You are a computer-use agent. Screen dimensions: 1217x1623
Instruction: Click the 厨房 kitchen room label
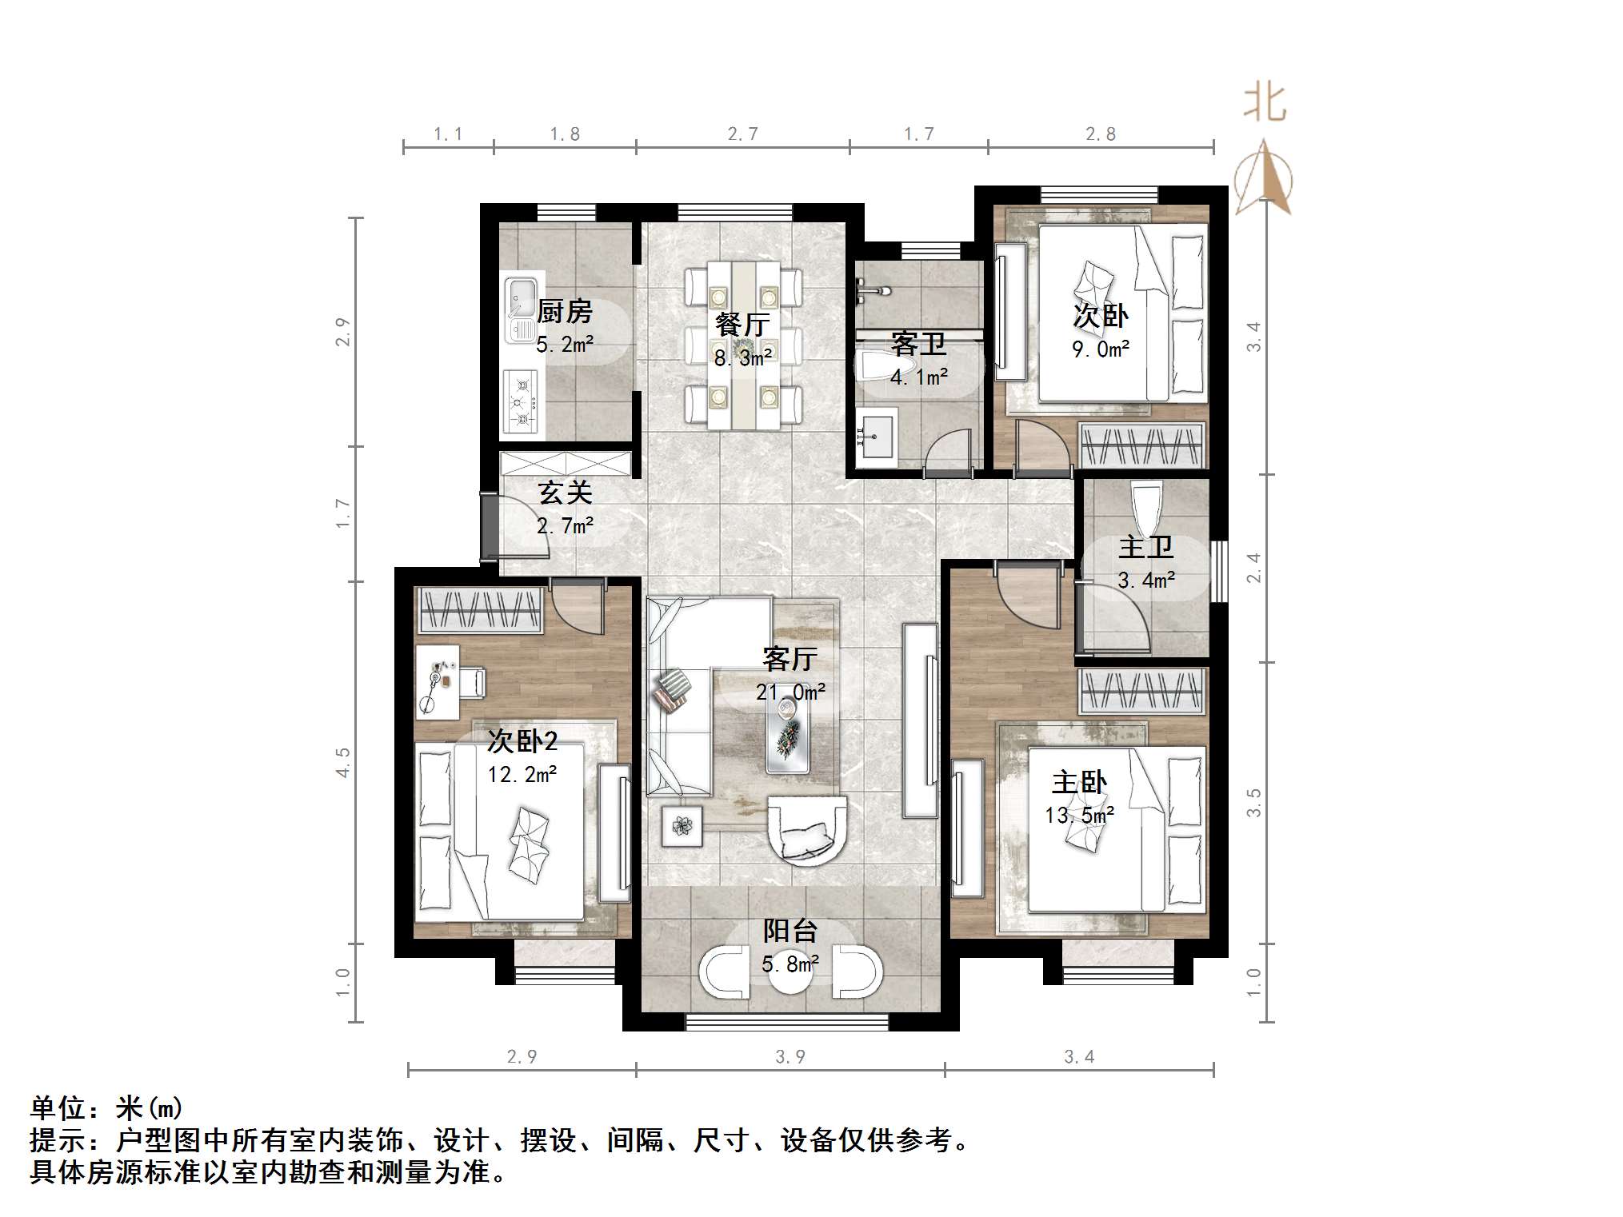[x=564, y=311]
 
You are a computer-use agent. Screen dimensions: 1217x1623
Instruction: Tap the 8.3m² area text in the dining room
[x=743, y=358]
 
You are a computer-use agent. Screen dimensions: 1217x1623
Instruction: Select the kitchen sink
[x=521, y=309]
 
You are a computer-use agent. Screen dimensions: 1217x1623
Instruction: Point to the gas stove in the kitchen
[x=521, y=402]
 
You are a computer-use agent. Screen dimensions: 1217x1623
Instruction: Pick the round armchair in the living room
[x=806, y=830]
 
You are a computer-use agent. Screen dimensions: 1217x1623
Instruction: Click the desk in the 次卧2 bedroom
[x=437, y=682]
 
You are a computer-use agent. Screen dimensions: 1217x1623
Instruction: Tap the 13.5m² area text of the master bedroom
[x=1079, y=816]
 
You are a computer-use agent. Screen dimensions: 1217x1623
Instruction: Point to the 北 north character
[x=1265, y=104]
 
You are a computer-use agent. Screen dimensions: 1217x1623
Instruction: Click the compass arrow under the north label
[x=1264, y=178]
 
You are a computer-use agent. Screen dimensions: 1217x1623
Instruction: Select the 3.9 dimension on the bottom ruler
[x=790, y=1057]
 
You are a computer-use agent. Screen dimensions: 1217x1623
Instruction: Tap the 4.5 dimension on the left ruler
[x=343, y=762]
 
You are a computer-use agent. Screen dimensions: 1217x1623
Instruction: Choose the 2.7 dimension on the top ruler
[x=742, y=134]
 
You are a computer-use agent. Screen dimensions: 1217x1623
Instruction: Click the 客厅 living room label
[x=790, y=659]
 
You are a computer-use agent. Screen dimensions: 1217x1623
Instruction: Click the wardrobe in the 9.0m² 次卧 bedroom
[x=1141, y=445]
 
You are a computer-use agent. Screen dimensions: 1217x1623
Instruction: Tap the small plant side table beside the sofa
[x=682, y=825]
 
